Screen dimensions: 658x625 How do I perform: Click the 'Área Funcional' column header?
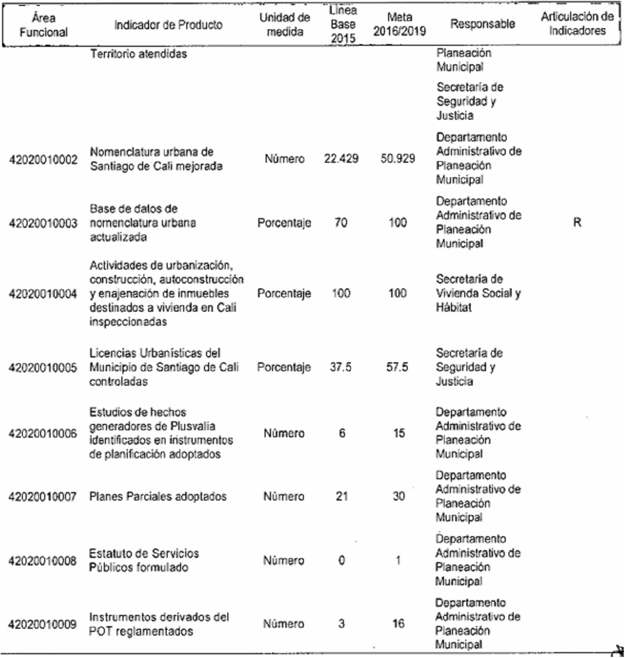43,25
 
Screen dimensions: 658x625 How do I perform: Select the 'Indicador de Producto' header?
168,24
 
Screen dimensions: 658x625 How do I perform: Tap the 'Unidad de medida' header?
284,24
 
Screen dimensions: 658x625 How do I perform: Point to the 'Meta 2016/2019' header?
399,24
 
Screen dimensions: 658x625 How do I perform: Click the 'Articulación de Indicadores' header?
577,23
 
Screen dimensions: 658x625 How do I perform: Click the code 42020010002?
43,160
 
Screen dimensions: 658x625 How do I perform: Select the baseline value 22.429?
341,159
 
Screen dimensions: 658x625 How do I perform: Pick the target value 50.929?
398,159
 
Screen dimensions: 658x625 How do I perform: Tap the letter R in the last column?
577,222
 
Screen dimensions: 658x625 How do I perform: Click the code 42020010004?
43,294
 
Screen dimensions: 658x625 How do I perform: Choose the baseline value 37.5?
341,367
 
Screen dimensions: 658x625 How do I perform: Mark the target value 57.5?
397,367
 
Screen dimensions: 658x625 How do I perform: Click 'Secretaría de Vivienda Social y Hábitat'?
478,293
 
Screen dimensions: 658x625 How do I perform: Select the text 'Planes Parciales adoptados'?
158,497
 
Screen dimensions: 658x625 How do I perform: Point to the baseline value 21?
341,496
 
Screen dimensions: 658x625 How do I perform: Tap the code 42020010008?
43,561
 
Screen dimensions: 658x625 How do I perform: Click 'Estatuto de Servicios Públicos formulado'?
144,560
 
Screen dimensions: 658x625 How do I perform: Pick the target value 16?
398,623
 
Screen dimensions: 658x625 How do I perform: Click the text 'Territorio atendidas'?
138,54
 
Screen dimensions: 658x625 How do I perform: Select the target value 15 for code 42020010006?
399,434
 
